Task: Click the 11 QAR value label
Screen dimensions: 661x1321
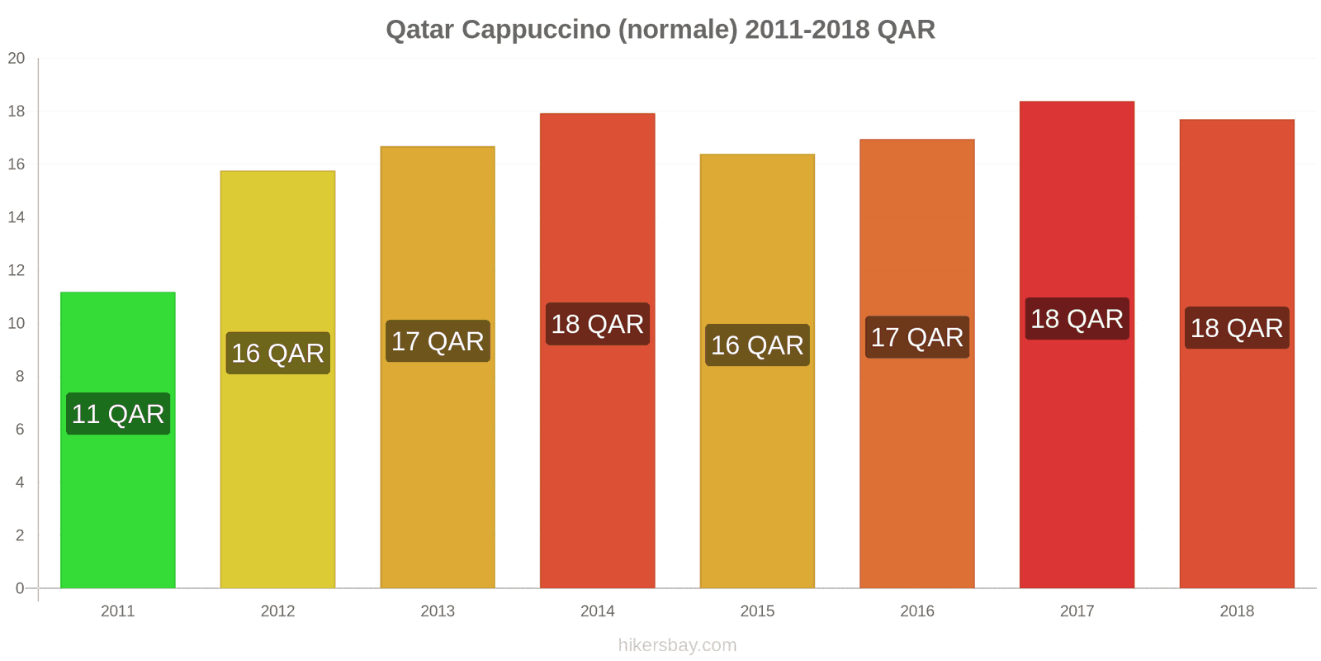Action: pos(118,414)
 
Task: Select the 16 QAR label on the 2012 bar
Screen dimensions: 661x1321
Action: pos(277,354)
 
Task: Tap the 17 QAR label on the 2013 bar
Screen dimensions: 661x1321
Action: pos(438,341)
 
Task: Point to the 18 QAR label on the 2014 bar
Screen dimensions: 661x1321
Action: pos(598,324)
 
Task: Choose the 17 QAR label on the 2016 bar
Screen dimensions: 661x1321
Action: pos(917,337)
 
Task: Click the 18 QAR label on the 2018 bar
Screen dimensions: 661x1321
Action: pos(1237,328)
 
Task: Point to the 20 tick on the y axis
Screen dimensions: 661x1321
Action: pos(17,59)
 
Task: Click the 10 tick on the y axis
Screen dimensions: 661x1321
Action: pos(17,323)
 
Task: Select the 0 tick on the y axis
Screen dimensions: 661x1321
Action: pos(20,588)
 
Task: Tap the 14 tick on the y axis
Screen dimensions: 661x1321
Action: pos(17,217)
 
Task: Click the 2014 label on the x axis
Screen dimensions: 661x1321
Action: pos(598,611)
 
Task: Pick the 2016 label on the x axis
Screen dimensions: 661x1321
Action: pos(917,611)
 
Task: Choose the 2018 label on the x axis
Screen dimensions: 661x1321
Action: pos(1237,611)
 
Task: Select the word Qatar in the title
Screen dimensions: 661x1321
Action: pos(419,30)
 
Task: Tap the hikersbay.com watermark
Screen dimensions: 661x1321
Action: pos(677,645)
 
